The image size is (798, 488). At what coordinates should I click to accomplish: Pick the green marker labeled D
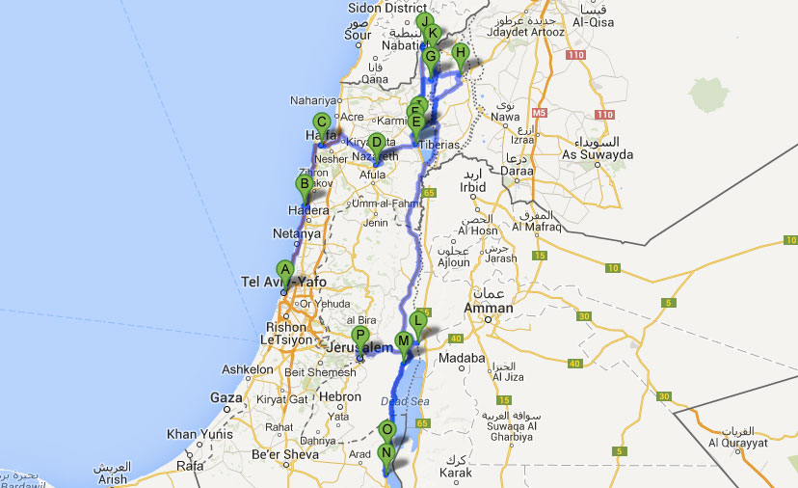click(377, 143)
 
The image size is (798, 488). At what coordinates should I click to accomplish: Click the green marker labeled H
click(461, 54)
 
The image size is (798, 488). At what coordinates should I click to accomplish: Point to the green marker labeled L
click(417, 320)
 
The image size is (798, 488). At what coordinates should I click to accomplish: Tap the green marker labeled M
click(403, 339)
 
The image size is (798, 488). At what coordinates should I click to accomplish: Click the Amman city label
click(489, 309)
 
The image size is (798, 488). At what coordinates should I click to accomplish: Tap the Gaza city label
click(226, 397)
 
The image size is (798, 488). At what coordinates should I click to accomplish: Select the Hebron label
click(339, 397)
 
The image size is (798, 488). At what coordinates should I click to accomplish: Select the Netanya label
click(296, 233)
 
